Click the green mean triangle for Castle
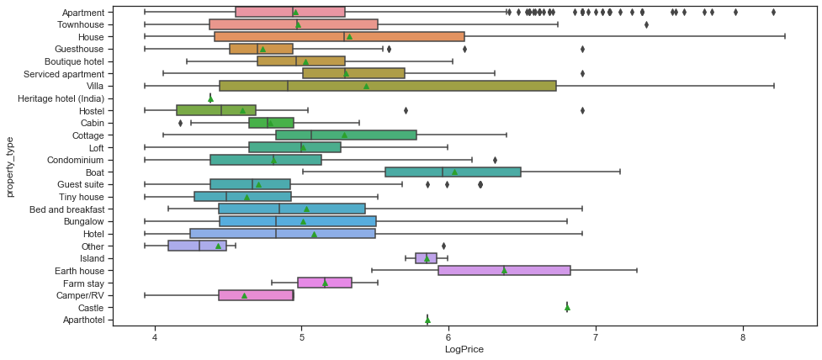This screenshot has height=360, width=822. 567,307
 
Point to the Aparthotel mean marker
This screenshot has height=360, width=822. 427,320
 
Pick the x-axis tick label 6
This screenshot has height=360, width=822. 448,336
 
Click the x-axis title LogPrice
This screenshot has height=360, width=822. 464,350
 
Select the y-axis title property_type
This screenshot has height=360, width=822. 10,168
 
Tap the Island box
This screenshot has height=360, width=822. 426,258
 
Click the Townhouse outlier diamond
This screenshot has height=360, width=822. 646,24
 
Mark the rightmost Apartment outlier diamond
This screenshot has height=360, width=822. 773,12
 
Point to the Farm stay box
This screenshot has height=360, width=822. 325,283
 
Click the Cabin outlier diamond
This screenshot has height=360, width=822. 180,123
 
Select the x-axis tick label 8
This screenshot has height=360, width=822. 743,336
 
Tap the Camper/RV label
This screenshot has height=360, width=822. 81,295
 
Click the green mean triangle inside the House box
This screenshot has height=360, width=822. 349,37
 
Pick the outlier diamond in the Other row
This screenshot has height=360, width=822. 443,246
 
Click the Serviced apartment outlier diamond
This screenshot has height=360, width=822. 582,73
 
